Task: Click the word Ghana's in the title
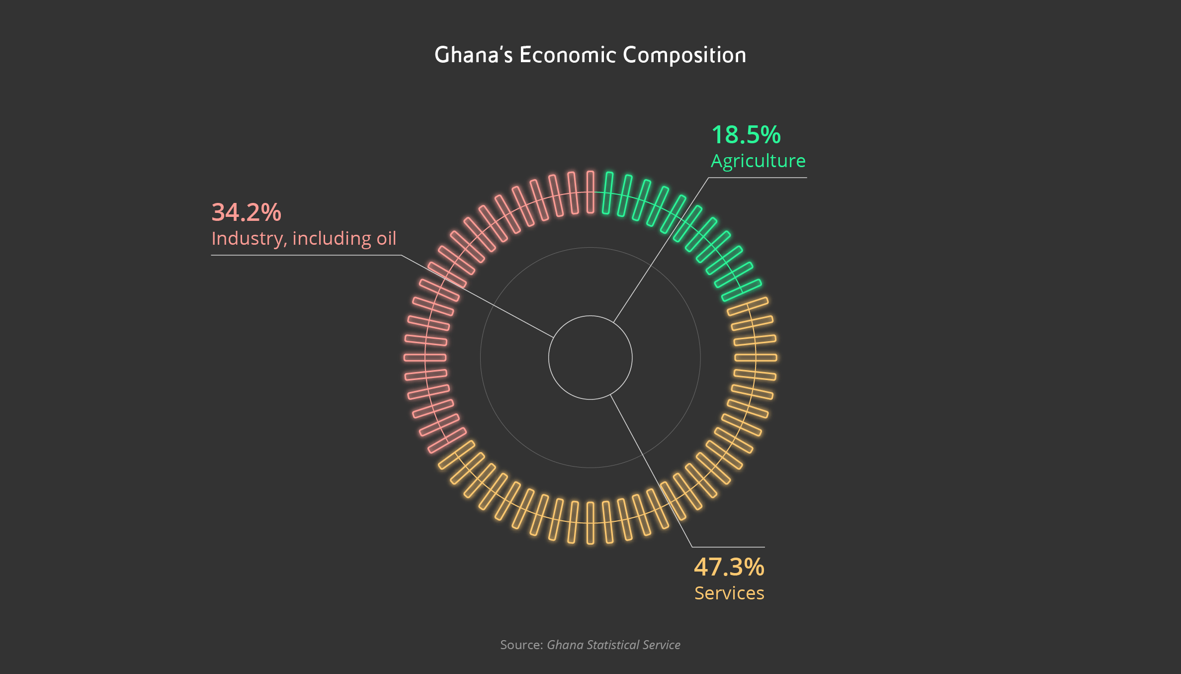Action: [x=473, y=55]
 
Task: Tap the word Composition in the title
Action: [x=684, y=55]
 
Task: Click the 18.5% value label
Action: [x=746, y=135]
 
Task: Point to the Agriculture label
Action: [x=758, y=161]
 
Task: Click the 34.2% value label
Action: [x=246, y=212]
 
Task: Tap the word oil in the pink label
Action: [x=386, y=238]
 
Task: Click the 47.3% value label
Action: [x=729, y=567]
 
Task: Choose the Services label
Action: [x=729, y=593]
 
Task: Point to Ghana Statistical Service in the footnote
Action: [x=613, y=645]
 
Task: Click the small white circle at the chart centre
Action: [x=590, y=357]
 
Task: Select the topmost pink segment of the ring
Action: [x=590, y=192]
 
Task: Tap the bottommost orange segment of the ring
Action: [x=590, y=523]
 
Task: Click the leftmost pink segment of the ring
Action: [x=425, y=357]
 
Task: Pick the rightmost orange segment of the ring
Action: [x=756, y=357]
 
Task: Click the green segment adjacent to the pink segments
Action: [x=607, y=193]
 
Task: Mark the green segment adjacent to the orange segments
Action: [x=741, y=290]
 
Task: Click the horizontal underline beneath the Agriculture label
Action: [x=758, y=178]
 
